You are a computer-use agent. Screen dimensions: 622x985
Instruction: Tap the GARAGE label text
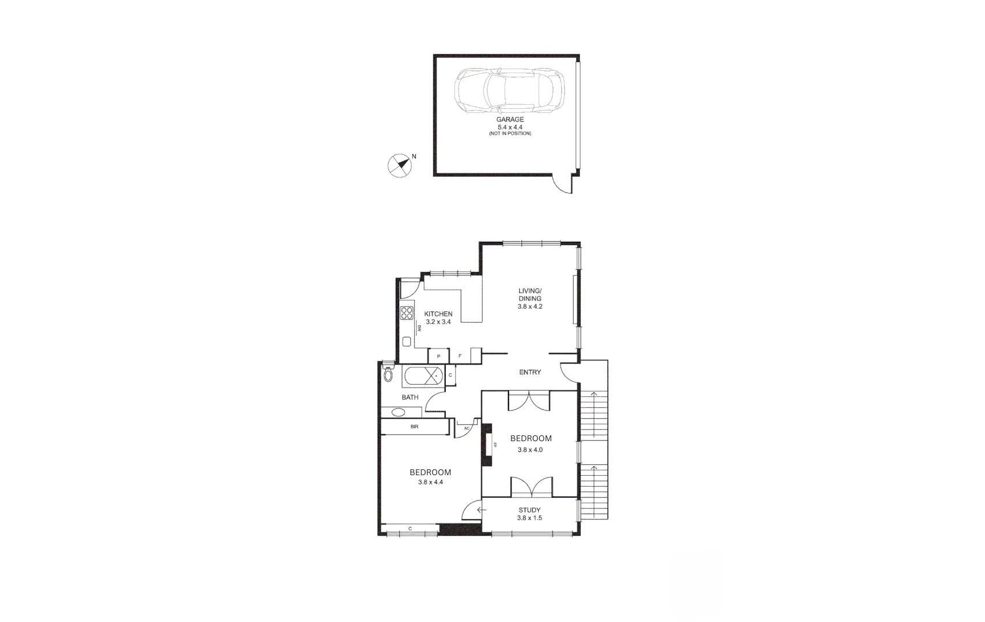click(510, 120)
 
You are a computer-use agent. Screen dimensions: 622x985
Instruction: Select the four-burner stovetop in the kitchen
click(407, 313)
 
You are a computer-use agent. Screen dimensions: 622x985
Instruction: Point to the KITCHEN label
click(438, 314)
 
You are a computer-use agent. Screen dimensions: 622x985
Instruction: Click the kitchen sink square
click(407, 342)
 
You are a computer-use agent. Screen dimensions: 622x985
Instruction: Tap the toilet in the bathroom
click(388, 374)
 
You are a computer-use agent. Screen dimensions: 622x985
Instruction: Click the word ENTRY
click(530, 372)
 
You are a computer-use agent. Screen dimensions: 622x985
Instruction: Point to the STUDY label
click(529, 510)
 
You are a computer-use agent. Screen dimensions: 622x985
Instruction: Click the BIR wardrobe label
click(414, 427)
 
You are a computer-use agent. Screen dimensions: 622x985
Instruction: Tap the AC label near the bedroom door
click(467, 428)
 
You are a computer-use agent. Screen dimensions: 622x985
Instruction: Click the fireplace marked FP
click(488, 444)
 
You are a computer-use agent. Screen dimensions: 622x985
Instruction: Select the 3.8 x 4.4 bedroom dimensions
click(430, 483)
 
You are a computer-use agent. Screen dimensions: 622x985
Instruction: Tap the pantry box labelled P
click(439, 356)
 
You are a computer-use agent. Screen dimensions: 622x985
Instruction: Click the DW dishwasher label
click(419, 328)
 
